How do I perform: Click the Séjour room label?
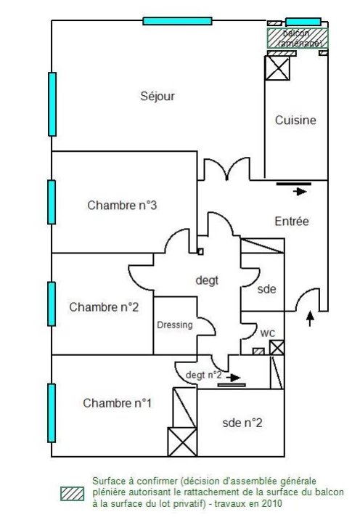pyautogui.click(x=157, y=97)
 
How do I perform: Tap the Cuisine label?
pyautogui.click(x=295, y=120)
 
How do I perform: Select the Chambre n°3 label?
pyautogui.click(x=122, y=206)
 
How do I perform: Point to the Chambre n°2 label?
pyautogui.click(x=104, y=307)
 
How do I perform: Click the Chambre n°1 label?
pyautogui.click(x=118, y=403)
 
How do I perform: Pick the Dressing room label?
pyautogui.click(x=175, y=325)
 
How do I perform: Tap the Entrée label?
pyautogui.click(x=292, y=222)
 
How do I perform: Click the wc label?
pyautogui.click(x=268, y=333)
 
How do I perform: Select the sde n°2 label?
pyautogui.click(x=242, y=423)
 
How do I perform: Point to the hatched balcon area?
pyautogui.click(x=298, y=38)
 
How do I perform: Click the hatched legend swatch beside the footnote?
pyautogui.click(x=73, y=494)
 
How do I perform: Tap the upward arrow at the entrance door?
pyautogui.click(x=310, y=318)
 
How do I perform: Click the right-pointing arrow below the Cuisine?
pyautogui.click(x=300, y=191)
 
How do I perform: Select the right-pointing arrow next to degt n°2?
pyautogui.click(x=234, y=378)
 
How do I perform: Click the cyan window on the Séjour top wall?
pyautogui.click(x=177, y=21)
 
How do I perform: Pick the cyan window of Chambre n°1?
pyautogui.click(x=52, y=413)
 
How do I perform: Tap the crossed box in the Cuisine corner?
pyautogui.click(x=277, y=68)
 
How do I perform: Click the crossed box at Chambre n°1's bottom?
pyautogui.click(x=182, y=442)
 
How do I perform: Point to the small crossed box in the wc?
pyautogui.click(x=277, y=348)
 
